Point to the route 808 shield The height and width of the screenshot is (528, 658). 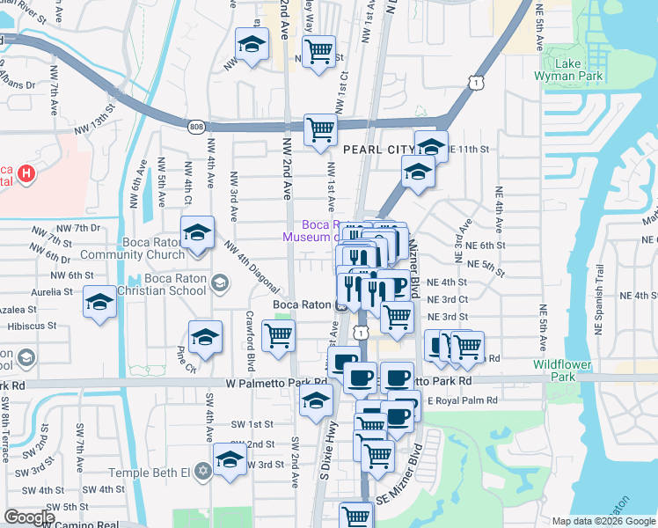[195, 128]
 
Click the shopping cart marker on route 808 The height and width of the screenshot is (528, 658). [320, 130]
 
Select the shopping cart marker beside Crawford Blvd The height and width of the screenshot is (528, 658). [278, 335]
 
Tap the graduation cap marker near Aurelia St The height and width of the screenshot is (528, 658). [100, 304]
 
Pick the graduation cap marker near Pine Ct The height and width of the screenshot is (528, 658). [205, 338]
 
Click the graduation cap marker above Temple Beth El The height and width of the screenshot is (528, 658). [230, 459]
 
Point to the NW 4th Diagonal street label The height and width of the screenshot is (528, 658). [252, 268]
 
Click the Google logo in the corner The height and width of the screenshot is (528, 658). [29, 517]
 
